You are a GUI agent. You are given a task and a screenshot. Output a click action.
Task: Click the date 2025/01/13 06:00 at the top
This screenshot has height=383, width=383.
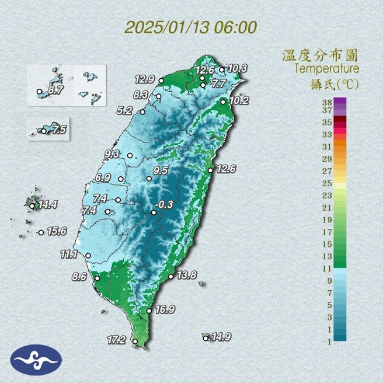coord(191,27)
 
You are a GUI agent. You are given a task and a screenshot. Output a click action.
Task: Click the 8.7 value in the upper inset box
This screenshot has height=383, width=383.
coord(55,90)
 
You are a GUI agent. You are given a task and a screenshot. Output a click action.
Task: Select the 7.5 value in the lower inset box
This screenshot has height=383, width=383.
coord(58,130)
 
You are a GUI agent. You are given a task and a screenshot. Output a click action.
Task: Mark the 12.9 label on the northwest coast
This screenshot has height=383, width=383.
coord(144,79)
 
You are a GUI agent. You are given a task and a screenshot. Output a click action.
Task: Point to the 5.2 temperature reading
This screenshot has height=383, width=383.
coord(125,110)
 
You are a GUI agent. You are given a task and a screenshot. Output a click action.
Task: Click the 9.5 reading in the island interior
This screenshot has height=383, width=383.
coord(161,170)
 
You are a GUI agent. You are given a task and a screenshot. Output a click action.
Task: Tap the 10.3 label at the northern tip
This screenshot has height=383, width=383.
coord(237,68)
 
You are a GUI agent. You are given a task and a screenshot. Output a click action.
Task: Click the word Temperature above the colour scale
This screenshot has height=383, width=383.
coord(327,69)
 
